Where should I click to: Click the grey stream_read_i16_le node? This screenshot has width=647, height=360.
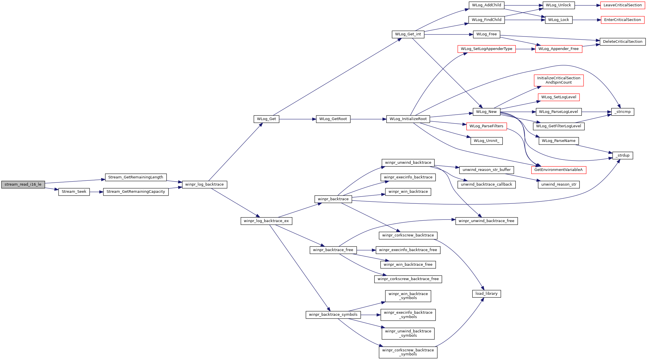23,184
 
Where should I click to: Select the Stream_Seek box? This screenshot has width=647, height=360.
74,192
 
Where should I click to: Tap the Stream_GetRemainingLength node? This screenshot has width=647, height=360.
136,177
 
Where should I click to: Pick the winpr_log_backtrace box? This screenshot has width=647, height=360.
204,184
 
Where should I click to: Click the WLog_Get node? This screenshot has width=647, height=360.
266,119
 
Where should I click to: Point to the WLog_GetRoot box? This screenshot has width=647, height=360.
333,119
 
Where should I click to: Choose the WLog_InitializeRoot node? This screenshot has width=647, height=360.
408,119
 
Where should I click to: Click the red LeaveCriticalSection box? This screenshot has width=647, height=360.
622,5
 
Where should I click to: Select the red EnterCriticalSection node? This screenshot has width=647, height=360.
622,20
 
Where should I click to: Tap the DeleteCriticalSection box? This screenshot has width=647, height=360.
622,42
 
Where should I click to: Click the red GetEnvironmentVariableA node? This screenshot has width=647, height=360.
558,170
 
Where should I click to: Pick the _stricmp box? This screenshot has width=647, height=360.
622,112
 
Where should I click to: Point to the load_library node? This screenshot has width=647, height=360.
486,294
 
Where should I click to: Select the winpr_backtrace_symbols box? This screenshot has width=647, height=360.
333,315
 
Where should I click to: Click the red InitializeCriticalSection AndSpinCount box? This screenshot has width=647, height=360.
559,80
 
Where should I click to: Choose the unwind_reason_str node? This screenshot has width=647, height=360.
559,184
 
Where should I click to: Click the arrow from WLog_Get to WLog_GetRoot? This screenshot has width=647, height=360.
297,119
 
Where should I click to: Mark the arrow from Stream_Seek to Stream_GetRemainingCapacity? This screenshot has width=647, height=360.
96,192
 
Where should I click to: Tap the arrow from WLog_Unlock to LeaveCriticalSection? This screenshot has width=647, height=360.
587,5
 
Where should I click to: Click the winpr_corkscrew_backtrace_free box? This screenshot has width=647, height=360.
408,279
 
